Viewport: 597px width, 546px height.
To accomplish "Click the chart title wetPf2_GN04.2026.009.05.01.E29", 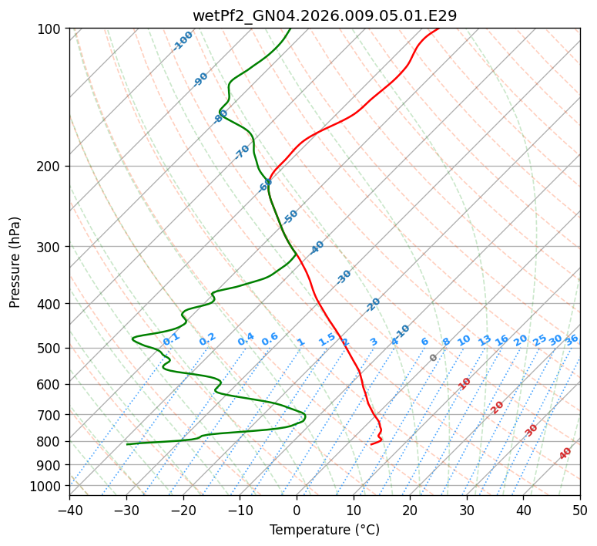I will (324, 15).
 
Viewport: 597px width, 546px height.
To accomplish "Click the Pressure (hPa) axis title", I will (15, 262).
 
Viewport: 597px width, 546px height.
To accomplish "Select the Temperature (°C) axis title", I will (324, 531).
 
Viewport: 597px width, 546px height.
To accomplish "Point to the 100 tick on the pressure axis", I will (49, 29).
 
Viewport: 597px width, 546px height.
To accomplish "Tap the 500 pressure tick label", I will (49, 349).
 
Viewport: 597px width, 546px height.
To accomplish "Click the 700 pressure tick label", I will (49, 415).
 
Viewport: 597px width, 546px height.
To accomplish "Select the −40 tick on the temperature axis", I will (69, 511).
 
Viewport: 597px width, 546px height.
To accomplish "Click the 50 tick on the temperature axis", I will (580, 511).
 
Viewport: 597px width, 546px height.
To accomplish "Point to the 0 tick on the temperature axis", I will (297, 511).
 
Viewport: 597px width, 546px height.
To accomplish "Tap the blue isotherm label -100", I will (183, 41).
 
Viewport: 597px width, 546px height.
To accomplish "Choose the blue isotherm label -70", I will (242, 152).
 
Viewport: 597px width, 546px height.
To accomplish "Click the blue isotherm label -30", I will (344, 277).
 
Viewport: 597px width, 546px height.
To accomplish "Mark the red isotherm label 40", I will (565, 453).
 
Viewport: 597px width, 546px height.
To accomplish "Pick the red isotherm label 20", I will (498, 406).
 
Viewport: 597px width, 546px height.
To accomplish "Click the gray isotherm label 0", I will (434, 358).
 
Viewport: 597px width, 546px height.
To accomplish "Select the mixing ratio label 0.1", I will (171, 339).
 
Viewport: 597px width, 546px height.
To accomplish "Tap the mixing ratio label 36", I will (572, 340).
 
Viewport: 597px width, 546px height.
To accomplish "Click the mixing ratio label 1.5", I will (327, 339).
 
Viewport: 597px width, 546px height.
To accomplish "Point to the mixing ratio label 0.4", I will (246, 339).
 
